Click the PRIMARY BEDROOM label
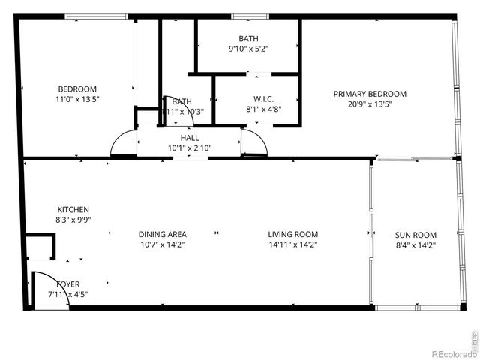tap(370, 94)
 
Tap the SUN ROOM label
tap(415, 235)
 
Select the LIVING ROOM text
tap(293, 235)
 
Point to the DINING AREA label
tap(163, 235)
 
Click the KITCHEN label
tap(73, 209)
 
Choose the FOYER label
tap(64, 284)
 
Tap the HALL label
tap(190, 138)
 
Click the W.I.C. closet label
tap(256, 98)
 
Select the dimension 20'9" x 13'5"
tap(370, 104)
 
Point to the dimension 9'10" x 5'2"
tap(248, 49)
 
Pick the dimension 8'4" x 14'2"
tap(415, 244)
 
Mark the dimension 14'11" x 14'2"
tap(293, 244)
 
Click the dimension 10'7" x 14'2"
tap(163, 244)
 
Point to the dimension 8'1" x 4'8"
tap(256, 109)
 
